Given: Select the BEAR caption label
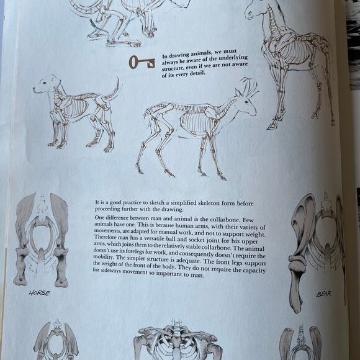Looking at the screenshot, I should click(323, 294).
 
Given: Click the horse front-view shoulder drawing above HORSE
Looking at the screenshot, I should click(42, 239).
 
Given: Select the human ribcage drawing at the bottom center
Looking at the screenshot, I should click(176, 341).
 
